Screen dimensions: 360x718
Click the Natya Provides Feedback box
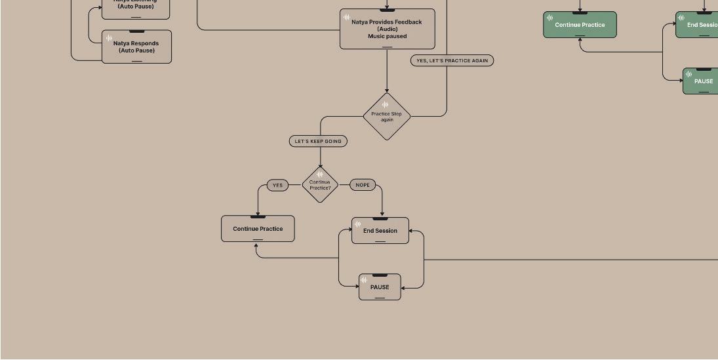387,29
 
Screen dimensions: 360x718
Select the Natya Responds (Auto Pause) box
136,47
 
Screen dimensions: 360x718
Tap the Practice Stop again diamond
387,117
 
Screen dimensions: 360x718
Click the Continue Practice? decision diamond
320,185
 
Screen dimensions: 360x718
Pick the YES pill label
277,185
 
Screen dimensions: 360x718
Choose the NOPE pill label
363,185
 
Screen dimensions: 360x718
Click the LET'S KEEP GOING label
318,141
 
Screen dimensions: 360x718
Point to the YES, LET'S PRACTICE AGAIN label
452,60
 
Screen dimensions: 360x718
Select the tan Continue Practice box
258,229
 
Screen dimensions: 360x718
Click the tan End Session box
380,231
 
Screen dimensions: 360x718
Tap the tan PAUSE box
380,287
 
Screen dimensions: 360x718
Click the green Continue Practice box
580,25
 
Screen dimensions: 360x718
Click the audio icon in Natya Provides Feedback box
347,17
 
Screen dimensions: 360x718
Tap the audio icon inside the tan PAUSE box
364,280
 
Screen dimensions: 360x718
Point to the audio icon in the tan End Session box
357,224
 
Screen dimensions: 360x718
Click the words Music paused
387,37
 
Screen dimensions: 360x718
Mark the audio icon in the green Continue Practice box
549,18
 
